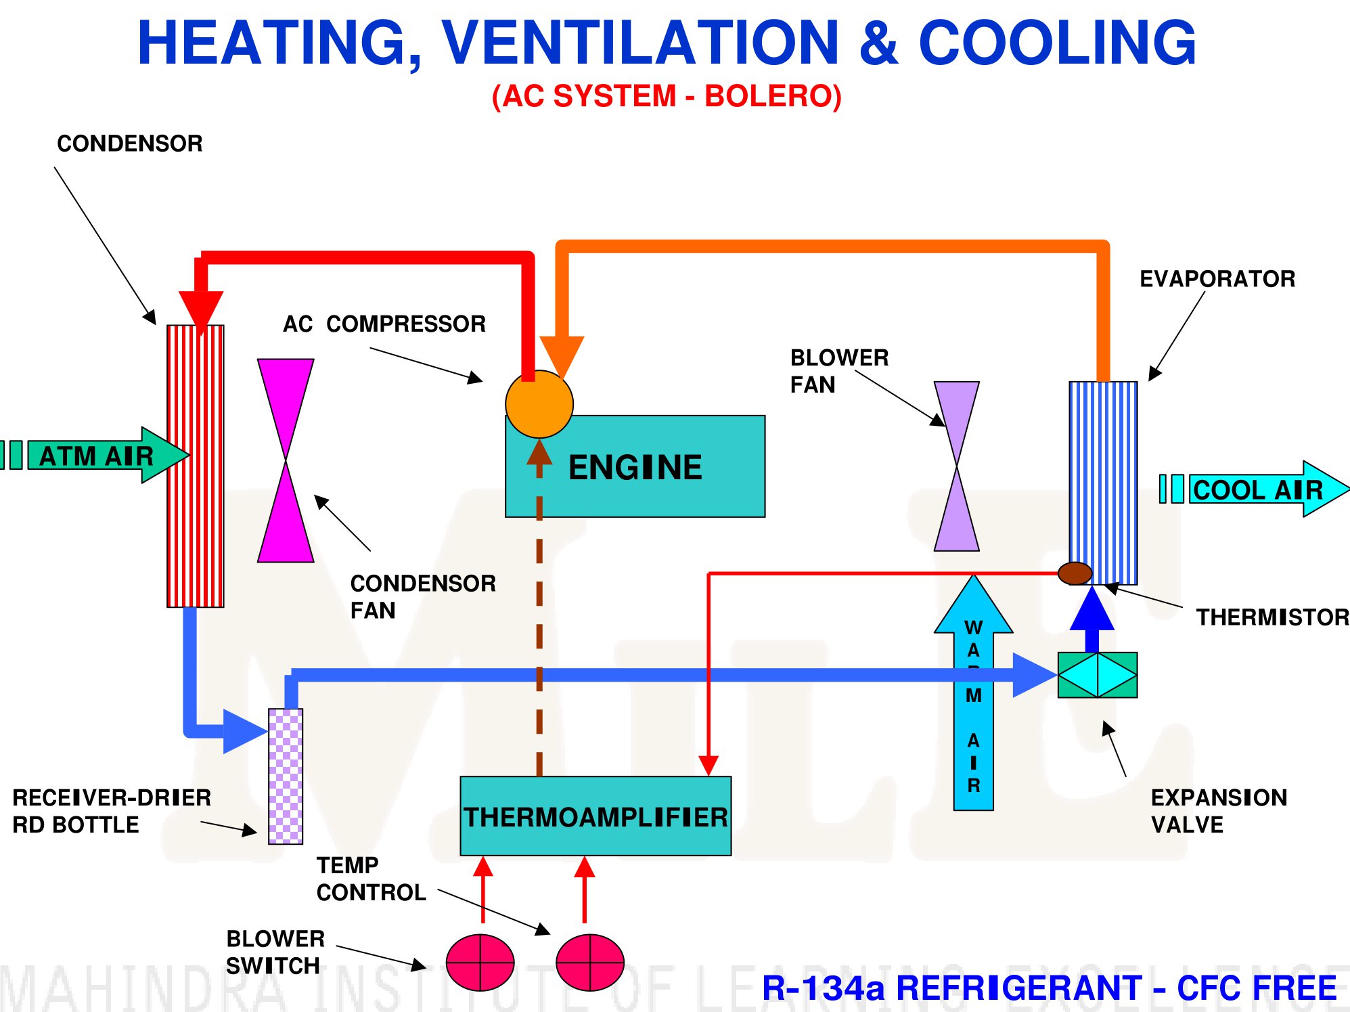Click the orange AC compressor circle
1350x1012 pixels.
539,404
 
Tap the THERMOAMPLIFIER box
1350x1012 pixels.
595,816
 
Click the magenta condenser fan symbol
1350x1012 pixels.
286,460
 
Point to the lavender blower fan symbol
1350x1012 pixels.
957,466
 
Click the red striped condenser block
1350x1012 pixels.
196,466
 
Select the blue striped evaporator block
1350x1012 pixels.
1103,483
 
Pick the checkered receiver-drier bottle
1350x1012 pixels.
286,776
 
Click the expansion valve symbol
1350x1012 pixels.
1098,675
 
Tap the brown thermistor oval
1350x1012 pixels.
1075,573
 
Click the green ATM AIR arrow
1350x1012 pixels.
95,455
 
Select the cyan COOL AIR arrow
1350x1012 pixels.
1254,489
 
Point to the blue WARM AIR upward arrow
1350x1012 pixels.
973,692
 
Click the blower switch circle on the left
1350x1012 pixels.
480,963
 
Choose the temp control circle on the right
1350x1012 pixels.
590,963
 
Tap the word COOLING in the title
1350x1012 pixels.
1057,42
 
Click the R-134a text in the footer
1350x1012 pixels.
824,988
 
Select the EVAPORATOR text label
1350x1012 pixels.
1217,279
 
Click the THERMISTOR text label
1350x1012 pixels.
1273,617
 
